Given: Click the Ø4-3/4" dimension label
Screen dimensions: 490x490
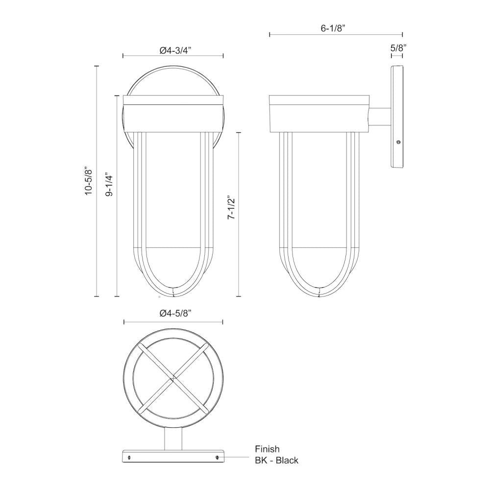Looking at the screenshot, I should [173, 49].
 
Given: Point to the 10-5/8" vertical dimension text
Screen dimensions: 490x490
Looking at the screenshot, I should [88, 181].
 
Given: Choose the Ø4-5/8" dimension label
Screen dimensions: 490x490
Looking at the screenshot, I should [174, 314].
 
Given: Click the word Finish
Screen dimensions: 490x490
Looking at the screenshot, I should [267, 448].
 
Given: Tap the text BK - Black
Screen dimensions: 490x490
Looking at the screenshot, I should [276, 460].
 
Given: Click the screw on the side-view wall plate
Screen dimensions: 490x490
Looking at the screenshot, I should [398, 142].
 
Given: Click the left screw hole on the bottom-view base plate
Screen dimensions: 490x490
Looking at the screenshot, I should [129, 457].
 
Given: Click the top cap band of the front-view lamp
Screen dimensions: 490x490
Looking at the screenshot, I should [173, 100].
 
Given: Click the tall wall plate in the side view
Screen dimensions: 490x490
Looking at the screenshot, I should [397, 118].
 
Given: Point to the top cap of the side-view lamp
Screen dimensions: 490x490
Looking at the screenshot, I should [319, 100].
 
